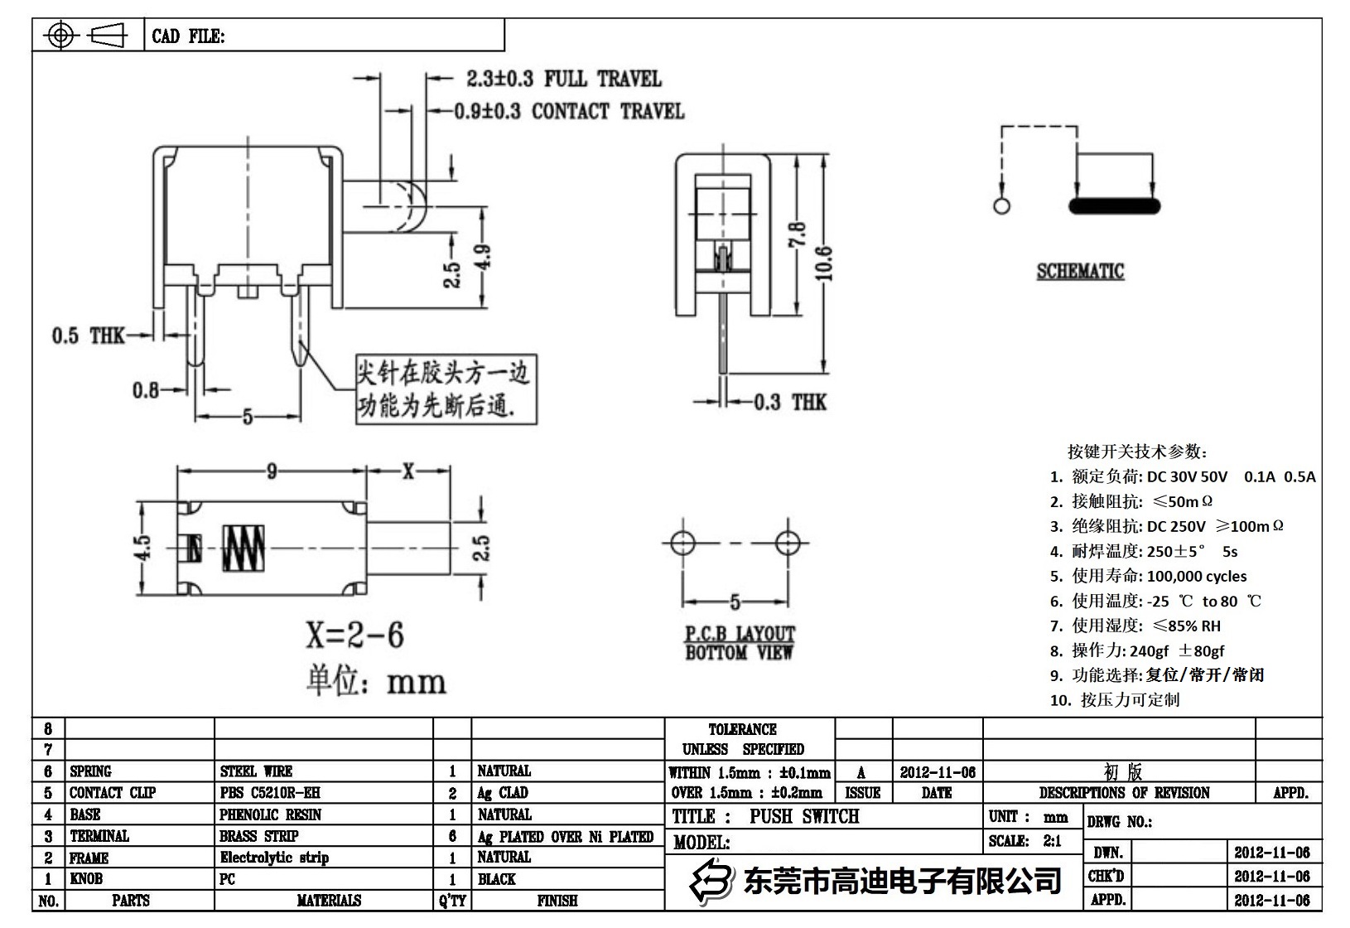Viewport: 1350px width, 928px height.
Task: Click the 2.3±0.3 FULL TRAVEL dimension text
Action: tap(563, 80)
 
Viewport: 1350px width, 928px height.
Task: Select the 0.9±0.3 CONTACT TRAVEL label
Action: tap(569, 111)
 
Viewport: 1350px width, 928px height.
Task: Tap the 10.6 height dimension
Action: tap(823, 263)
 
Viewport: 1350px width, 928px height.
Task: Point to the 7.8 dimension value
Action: tap(796, 235)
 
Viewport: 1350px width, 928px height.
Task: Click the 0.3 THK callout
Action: tap(789, 403)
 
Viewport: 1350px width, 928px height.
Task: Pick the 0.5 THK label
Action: tap(88, 336)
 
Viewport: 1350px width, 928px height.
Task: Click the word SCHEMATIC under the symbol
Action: tap(1080, 272)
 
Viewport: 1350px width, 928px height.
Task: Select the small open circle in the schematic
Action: tap(1001, 205)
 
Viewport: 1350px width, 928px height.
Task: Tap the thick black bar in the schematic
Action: tap(1114, 205)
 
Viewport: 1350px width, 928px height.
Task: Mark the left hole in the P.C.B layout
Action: tap(682, 544)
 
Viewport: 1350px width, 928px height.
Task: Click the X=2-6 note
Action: tap(355, 636)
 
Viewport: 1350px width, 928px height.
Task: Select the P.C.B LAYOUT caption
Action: tap(740, 634)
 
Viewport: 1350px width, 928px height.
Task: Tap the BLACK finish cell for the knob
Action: tap(496, 879)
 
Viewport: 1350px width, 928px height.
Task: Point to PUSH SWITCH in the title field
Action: tap(803, 816)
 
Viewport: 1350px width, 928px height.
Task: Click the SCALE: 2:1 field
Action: tap(1025, 841)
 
